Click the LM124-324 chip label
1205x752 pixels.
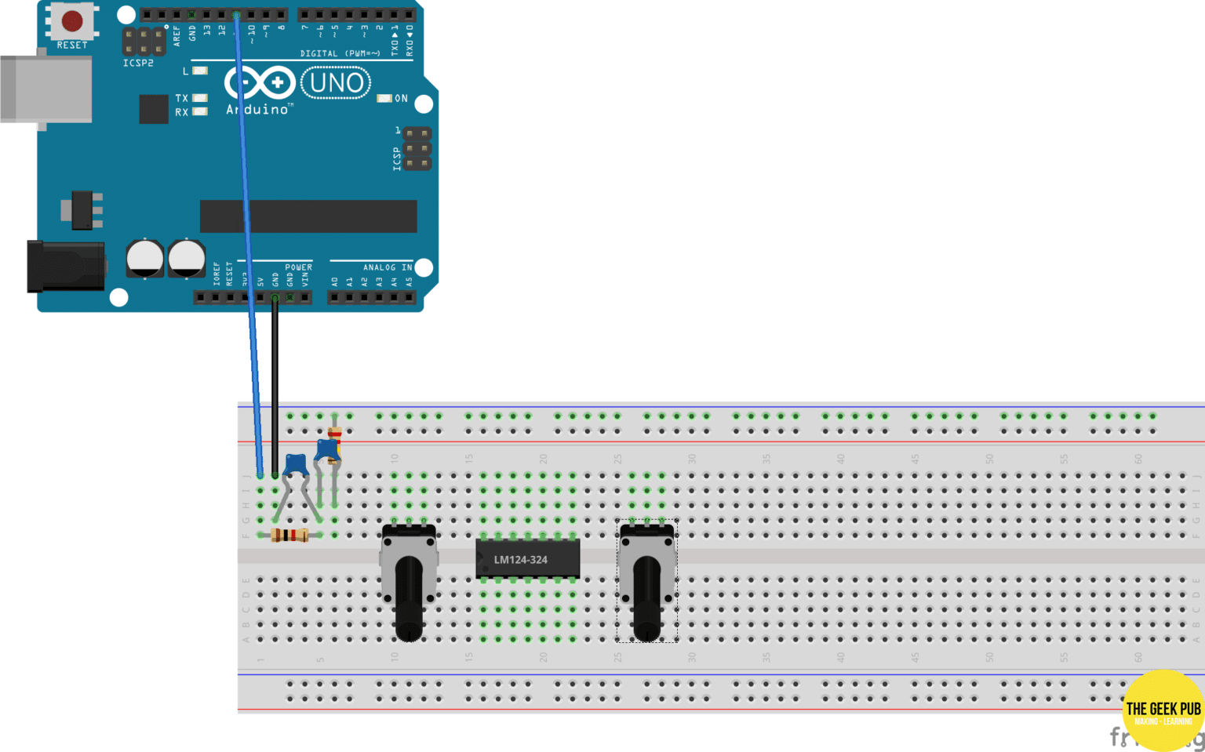click(520, 560)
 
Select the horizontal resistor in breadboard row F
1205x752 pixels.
click(289, 536)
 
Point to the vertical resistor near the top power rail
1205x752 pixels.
click(334, 434)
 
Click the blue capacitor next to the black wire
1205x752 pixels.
click(295, 464)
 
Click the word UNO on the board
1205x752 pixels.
click(337, 82)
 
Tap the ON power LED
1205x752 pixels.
click(384, 99)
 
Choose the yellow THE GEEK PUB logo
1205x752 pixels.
click(1163, 710)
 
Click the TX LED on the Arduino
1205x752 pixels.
click(200, 98)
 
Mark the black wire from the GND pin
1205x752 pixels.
click(275, 384)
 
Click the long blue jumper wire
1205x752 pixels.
click(247, 235)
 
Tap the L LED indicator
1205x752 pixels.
click(200, 71)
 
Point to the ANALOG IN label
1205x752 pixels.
click(387, 267)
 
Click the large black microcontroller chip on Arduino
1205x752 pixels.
click(308, 216)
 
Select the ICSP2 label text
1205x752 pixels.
click(138, 63)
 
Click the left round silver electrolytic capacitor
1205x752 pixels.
click(145, 258)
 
